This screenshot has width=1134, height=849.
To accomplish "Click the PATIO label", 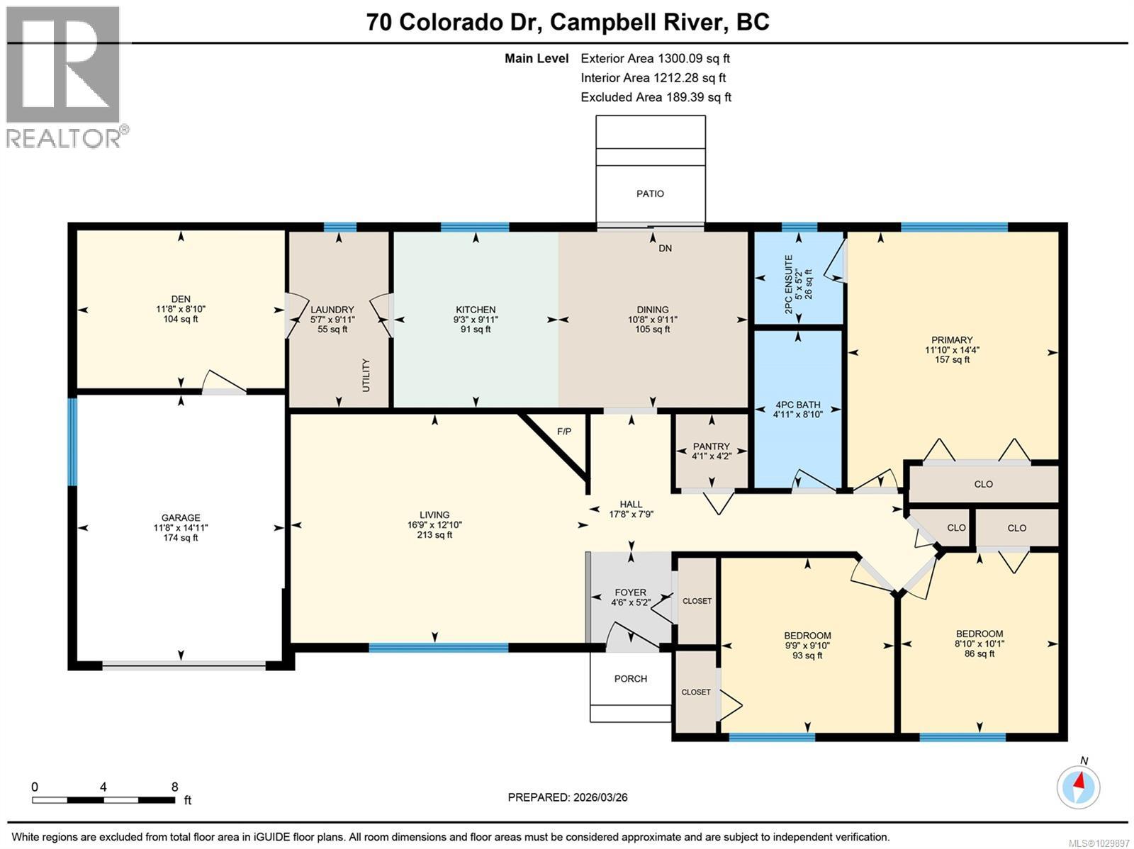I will (x=650, y=193).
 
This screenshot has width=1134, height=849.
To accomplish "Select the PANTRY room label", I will (x=711, y=446).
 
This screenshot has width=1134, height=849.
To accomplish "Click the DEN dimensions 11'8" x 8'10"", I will (x=181, y=309).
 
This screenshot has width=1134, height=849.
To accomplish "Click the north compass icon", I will (x=1079, y=787).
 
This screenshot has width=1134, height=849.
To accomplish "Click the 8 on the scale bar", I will (x=174, y=787).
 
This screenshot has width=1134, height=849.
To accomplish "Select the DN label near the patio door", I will (x=665, y=248).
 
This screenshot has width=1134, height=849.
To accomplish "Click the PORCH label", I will (x=630, y=678).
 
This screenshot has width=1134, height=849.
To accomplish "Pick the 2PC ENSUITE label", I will (x=789, y=277).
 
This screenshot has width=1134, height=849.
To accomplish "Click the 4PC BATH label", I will (x=797, y=405).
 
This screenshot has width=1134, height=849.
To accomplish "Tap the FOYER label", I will (x=630, y=592).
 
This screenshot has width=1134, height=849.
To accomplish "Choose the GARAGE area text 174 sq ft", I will (x=181, y=538).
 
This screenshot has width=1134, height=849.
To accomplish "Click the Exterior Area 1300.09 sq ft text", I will (x=655, y=59).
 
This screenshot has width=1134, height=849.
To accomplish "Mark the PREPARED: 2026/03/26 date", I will (x=567, y=797).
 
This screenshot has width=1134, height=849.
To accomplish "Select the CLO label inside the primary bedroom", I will (x=983, y=484).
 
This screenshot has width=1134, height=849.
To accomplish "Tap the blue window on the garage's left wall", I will (x=72, y=442).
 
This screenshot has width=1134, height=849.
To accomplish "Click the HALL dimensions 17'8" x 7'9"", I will (x=631, y=515).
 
